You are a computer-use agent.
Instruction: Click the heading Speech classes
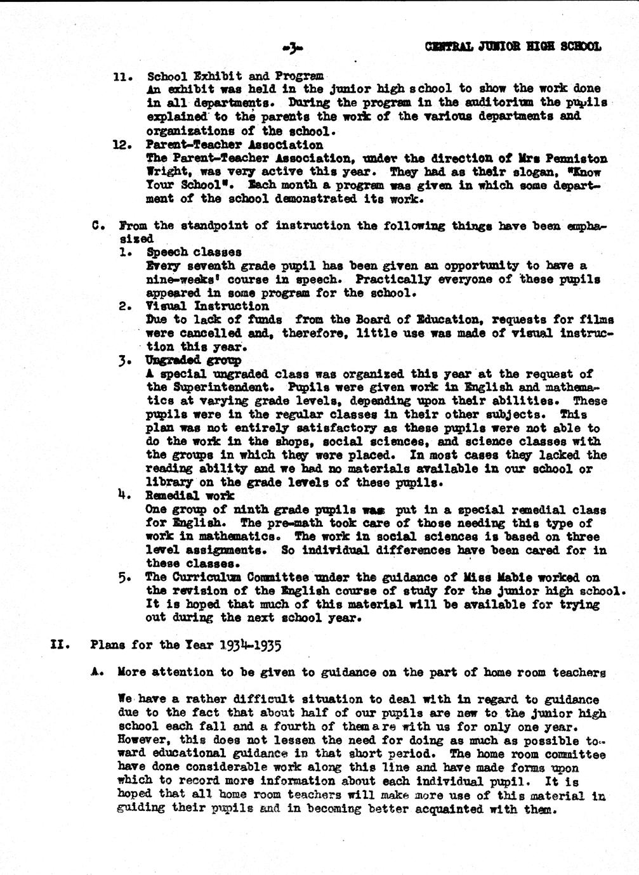pos(194,252)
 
